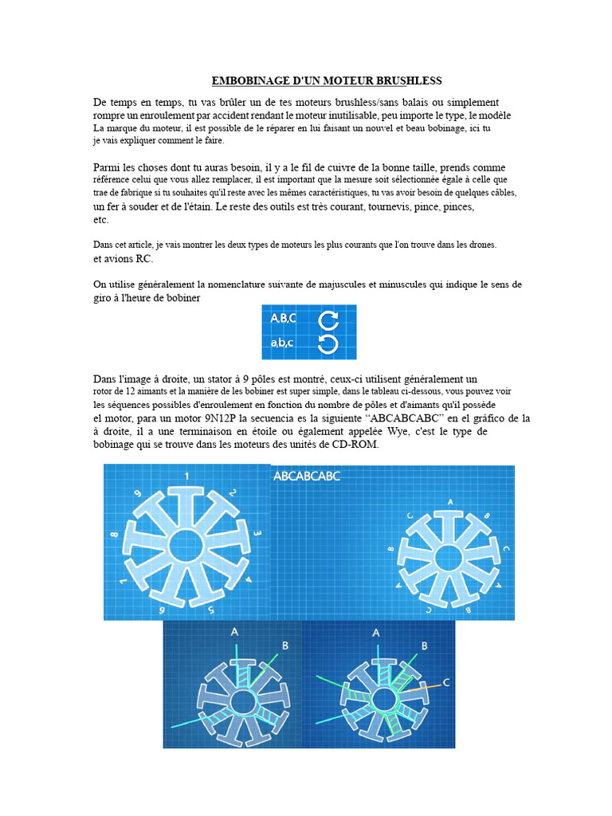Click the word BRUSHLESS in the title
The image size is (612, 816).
point(409,80)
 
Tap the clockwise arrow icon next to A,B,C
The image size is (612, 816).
point(328,320)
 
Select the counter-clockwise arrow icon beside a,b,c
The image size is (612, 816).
point(328,344)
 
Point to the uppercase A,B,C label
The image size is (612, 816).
point(283,318)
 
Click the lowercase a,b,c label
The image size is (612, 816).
point(281,343)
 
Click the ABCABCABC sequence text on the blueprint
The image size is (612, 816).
point(307,477)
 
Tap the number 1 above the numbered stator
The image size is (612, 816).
point(186,476)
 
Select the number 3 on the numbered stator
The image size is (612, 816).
point(257,533)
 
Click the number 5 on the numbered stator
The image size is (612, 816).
point(210,610)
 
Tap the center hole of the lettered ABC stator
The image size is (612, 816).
point(449,559)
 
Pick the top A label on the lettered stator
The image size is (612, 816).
point(451,502)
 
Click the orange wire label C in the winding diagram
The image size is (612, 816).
point(446,682)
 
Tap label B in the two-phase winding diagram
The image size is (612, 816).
point(285,645)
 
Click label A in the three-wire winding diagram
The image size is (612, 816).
point(376,633)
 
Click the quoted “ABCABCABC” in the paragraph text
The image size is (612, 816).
point(406,418)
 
